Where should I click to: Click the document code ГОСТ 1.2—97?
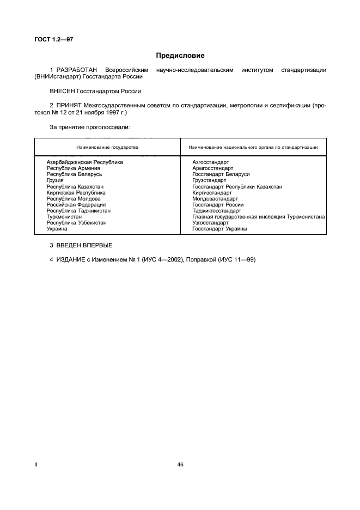[53, 39]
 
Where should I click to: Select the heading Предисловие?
[180, 56]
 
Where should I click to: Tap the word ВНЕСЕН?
[62, 92]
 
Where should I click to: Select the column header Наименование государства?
[107, 147]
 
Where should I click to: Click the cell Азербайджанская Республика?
[84, 162]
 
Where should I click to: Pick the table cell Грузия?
[55, 180]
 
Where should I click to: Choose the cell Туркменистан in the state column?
[64, 217]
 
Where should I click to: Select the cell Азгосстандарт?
[211, 162]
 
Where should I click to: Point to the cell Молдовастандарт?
[215, 199]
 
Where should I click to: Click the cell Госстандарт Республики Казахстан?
[237, 186]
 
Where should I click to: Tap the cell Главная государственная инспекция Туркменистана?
[259, 217]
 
